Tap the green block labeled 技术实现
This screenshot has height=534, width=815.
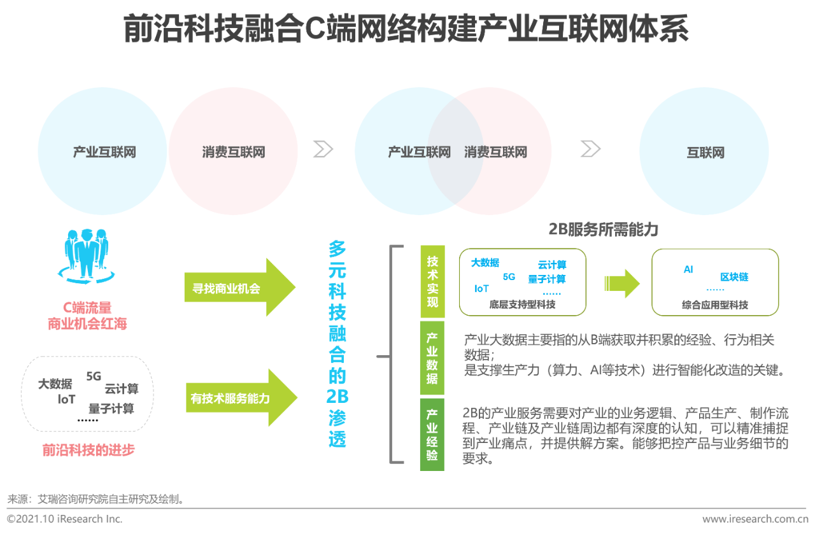(x=432, y=281)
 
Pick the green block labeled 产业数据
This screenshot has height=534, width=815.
(x=432, y=358)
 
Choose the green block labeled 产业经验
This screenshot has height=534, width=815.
(x=432, y=435)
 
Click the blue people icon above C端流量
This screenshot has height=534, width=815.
(x=87, y=256)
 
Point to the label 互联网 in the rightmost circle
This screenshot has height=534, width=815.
(x=705, y=152)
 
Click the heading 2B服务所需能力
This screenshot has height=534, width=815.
(x=603, y=230)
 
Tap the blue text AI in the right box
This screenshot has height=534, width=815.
(x=688, y=269)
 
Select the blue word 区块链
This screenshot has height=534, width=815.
(x=734, y=277)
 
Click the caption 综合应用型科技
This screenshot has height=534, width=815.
(x=715, y=305)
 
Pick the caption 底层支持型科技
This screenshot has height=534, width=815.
(x=522, y=304)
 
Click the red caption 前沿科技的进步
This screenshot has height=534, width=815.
(x=89, y=450)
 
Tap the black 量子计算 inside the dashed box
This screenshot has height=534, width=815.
(x=111, y=409)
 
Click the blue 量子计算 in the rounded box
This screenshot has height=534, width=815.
(x=547, y=279)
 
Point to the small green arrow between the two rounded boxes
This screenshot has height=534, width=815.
(x=622, y=283)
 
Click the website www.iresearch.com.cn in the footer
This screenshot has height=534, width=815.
(x=755, y=519)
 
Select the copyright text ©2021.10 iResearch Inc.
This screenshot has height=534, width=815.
(x=64, y=519)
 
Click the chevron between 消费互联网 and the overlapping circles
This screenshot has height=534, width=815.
(x=323, y=149)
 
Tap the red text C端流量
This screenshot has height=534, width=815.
(x=87, y=307)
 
